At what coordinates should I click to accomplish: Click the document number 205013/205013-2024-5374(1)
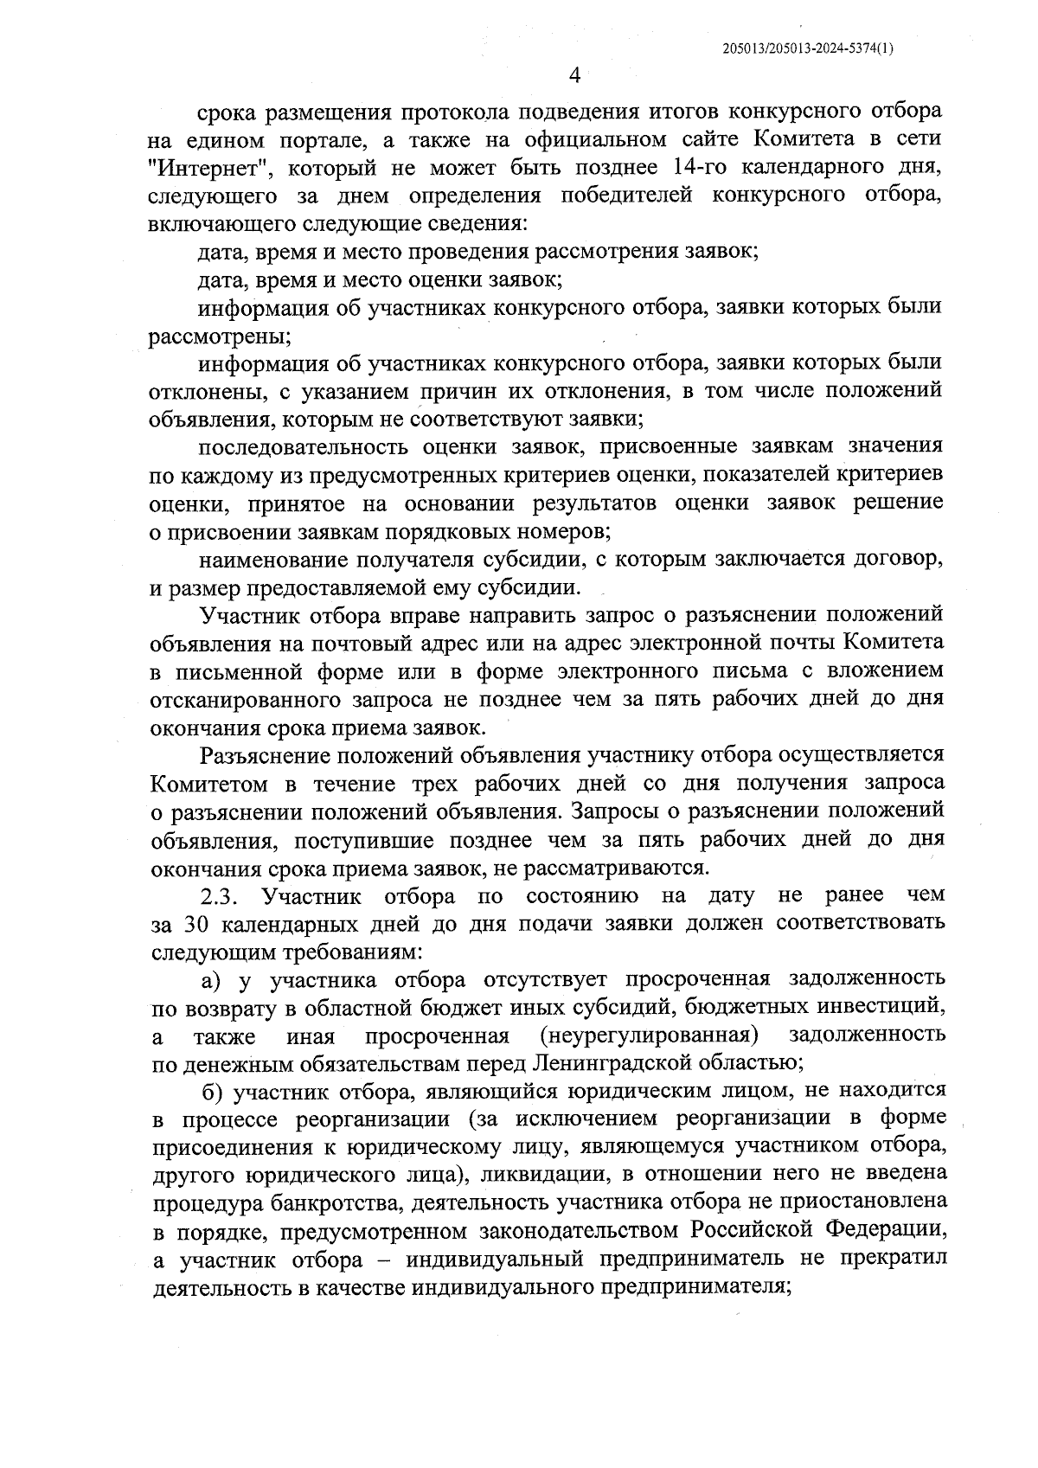click(x=808, y=50)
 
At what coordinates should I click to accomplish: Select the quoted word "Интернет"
click(x=205, y=167)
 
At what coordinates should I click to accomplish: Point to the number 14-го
click(x=702, y=166)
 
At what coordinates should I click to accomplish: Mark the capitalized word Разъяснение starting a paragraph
click(x=266, y=755)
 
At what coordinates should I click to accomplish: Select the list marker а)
click(x=212, y=979)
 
